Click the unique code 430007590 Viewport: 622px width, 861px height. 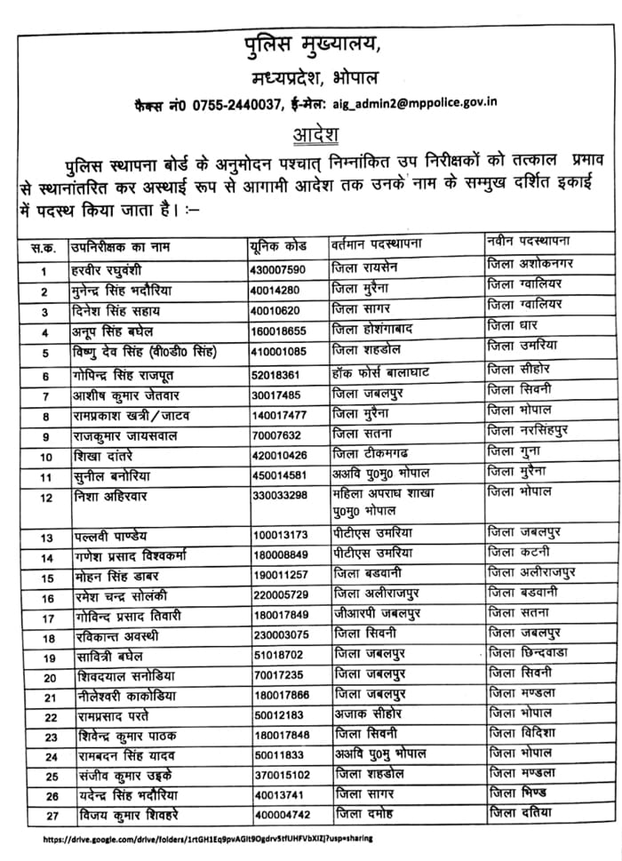pyautogui.click(x=278, y=269)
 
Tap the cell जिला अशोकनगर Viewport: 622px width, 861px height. pyautogui.click(x=530, y=265)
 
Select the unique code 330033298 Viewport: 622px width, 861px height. pyautogui.click(x=282, y=496)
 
